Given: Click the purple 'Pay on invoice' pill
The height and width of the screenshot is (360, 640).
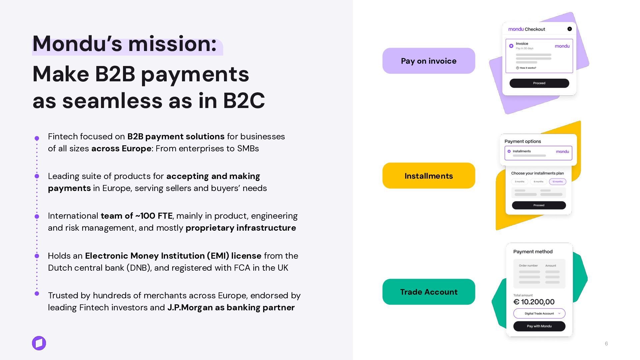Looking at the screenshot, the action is [429, 61].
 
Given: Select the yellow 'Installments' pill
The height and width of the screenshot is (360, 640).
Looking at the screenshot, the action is [429, 176].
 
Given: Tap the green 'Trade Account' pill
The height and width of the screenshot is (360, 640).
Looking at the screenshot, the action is [429, 292].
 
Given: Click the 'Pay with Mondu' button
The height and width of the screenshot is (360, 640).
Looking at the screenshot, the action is [539, 326].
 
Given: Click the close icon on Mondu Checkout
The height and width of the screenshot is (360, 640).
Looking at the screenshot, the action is [570, 29].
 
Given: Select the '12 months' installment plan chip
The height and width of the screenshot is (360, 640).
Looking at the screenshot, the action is [557, 182].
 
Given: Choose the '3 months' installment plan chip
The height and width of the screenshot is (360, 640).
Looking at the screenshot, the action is [519, 182].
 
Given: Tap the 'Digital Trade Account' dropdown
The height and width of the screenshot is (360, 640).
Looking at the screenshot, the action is [539, 313].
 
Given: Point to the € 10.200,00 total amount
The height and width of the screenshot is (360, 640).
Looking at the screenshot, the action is [534, 302].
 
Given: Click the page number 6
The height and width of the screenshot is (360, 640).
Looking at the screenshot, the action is [606, 344].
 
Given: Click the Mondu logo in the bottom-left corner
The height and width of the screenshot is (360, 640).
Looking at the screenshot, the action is [39, 343].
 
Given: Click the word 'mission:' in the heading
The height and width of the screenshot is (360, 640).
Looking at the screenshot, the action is [172, 44].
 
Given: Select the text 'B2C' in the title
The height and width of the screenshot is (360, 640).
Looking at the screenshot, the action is [244, 101].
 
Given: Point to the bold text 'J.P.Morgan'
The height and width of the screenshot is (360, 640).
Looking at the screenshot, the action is [190, 307].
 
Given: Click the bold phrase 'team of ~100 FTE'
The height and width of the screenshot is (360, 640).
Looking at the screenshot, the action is [136, 216].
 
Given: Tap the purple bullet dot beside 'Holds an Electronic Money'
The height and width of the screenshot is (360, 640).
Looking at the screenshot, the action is [37, 256].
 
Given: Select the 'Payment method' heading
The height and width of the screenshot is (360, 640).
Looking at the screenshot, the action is [533, 252].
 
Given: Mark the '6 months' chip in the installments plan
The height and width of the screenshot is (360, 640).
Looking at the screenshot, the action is [538, 182].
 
